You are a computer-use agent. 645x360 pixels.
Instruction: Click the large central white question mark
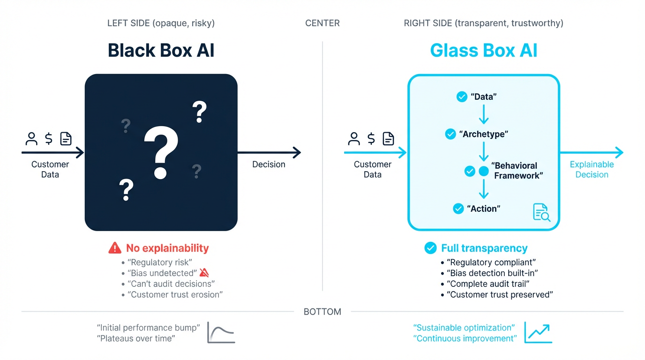point(161,153)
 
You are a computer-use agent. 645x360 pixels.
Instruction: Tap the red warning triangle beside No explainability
point(115,248)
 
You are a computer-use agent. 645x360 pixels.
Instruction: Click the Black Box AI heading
point(161,50)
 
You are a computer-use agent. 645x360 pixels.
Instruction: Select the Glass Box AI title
point(483,50)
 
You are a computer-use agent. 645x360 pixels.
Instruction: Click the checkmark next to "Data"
point(462,97)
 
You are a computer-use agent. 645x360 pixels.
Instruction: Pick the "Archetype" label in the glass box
point(483,135)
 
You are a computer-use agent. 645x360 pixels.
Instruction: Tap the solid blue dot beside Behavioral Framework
point(483,171)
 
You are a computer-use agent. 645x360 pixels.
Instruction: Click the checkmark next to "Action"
point(458,209)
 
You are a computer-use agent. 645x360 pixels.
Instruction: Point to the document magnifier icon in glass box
point(541,212)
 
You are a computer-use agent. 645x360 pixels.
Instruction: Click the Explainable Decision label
point(592,170)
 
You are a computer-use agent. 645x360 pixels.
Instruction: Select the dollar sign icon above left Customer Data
point(49,139)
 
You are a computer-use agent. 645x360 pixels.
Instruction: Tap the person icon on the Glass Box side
point(354,139)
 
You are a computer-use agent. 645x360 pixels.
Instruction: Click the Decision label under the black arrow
point(269,165)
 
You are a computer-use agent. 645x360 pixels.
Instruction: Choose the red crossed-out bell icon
point(204,273)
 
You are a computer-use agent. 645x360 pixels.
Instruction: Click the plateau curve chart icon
point(221,333)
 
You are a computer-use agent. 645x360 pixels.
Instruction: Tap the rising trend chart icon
point(538,332)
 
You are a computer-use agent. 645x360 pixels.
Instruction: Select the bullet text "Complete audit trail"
point(490,284)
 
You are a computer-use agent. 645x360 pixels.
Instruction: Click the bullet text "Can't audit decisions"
point(171,284)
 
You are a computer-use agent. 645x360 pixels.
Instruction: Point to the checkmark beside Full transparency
point(430,248)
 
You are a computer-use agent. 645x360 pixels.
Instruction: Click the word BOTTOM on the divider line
point(322,312)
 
